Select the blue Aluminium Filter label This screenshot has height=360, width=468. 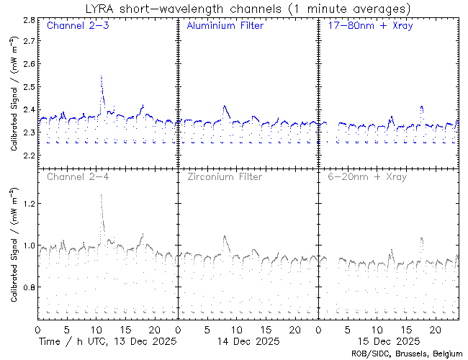pos(225,26)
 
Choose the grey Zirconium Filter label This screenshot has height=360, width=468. pos(225,176)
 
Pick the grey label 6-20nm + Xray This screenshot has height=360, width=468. pos(366,176)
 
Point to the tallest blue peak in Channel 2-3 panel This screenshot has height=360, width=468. pos(102,76)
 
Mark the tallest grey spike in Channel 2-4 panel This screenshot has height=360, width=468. pos(102,195)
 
